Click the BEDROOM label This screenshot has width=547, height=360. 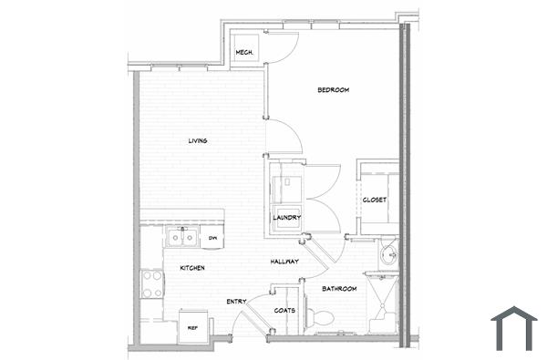(x=334, y=89)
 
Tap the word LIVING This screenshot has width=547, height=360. (x=197, y=141)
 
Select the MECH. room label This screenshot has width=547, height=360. (x=244, y=53)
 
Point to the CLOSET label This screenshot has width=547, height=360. (x=375, y=200)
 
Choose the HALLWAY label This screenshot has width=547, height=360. (x=285, y=262)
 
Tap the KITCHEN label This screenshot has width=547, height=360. (x=191, y=268)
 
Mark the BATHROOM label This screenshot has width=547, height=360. (x=339, y=289)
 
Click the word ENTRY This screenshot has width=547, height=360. (x=235, y=302)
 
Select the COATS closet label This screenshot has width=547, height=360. (x=284, y=310)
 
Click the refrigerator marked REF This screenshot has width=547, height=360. (x=192, y=325)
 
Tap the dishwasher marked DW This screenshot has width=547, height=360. (x=212, y=239)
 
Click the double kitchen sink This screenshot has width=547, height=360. (x=183, y=238)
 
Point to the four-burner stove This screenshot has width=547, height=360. (x=152, y=285)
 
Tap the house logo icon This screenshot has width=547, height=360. (x=514, y=328)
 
